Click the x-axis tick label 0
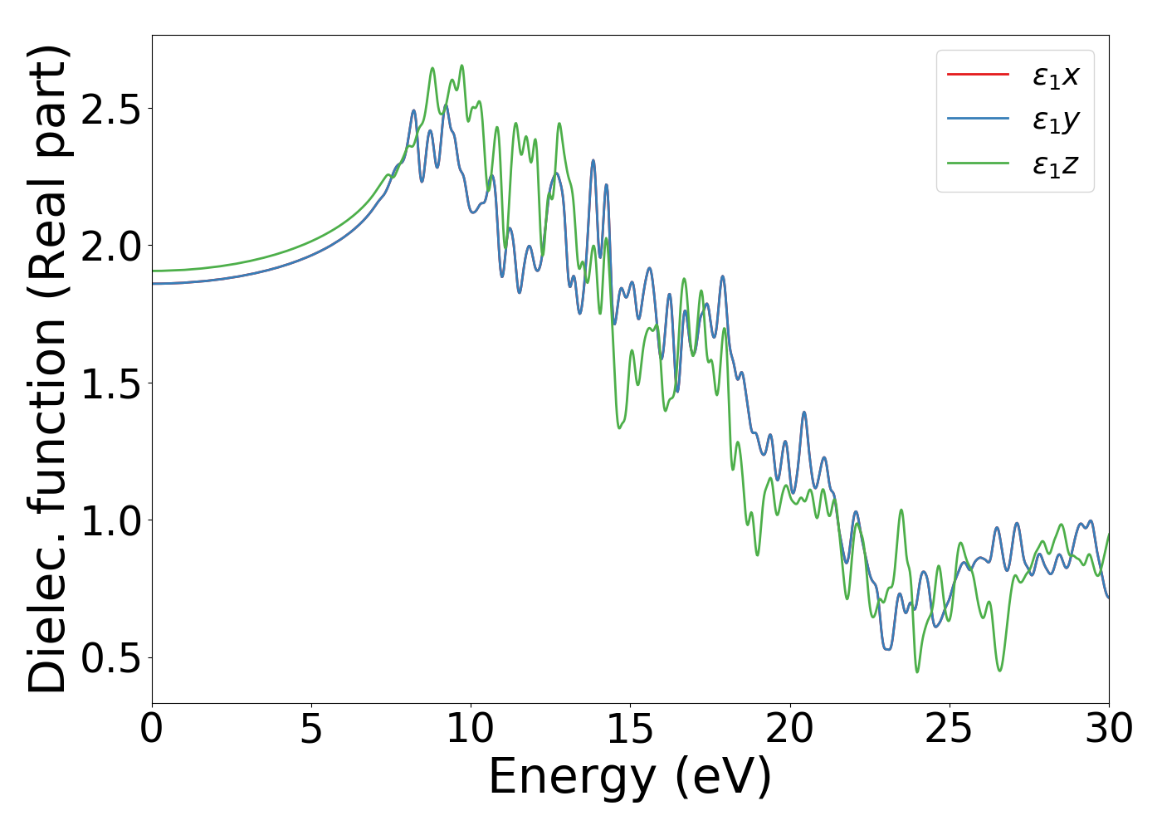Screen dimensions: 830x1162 click(x=152, y=730)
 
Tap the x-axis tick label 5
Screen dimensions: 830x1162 click(x=311, y=730)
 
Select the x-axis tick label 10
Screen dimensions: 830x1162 click(x=471, y=730)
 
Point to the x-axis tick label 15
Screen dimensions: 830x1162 click(x=630, y=730)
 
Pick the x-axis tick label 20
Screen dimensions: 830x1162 click(x=789, y=730)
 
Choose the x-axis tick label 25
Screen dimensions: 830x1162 click(x=949, y=730)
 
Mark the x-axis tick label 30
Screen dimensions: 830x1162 click(x=1108, y=730)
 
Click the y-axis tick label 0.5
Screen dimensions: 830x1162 click(x=110, y=658)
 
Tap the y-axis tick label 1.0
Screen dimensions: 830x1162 click(x=110, y=520)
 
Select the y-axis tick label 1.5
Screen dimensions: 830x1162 click(x=110, y=383)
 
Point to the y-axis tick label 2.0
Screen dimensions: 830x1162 click(x=110, y=247)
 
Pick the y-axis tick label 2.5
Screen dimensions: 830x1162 click(x=110, y=109)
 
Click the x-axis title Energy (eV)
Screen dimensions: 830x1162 click(x=630, y=778)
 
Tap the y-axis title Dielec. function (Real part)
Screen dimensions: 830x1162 click(x=47, y=369)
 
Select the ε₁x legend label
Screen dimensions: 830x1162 click(x=1055, y=76)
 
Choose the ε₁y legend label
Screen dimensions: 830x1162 click(x=1055, y=120)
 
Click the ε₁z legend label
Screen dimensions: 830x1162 click(x=1055, y=164)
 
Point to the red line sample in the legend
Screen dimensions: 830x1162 click(x=978, y=75)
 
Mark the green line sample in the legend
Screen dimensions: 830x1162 click(x=978, y=164)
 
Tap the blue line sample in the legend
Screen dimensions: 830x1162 click(x=978, y=119)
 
